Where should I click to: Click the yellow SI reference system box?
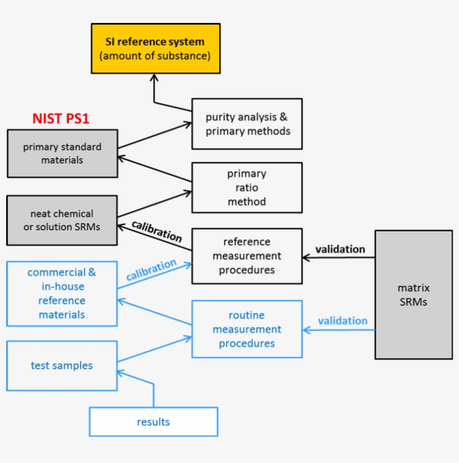(x=156, y=48)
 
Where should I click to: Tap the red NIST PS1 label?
(x=61, y=118)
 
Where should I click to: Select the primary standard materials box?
(x=62, y=153)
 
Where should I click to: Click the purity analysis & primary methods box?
(x=247, y=124)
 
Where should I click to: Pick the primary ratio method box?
(x=247, y=188)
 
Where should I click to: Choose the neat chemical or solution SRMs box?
(x=62, y=220)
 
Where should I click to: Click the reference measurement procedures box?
(x=247, y=256)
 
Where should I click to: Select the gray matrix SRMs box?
(x=414, y=294)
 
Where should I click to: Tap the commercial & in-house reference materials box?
(x=62, y=293)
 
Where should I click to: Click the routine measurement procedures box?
(x=247, y=329)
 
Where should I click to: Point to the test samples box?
(x=62, y=366)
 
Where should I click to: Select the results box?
(x=153, y=422)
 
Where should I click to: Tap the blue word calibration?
(x=151, y=270)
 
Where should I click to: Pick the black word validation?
(x=340, y=249)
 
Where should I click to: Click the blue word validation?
(x=343, y=321)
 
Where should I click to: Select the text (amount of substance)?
(x=155, y=56)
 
